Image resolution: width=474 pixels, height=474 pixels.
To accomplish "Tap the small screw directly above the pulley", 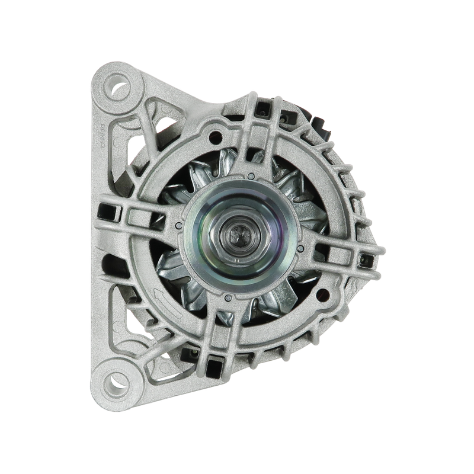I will (x=251, y=176).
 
